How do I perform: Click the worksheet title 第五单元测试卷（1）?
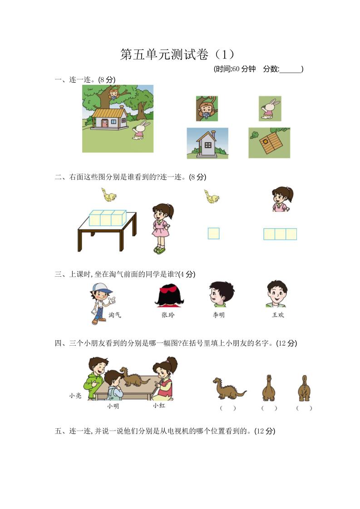pos(178,55)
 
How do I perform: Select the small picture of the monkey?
pos(207,108)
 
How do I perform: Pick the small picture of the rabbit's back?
pos(270,108)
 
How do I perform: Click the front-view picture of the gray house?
pos(207,143)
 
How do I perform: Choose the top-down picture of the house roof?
pos(269,143)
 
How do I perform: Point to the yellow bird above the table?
pos(109,195)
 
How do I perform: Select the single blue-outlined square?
pos(213,233)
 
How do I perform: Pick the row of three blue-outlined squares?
pos(280,234)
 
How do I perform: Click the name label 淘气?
pos(115,315)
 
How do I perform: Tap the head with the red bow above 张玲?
pos(169,294)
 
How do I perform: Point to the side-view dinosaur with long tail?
pos(228,389)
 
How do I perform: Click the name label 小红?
pos(159,406)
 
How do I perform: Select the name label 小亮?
pos(75,396)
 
